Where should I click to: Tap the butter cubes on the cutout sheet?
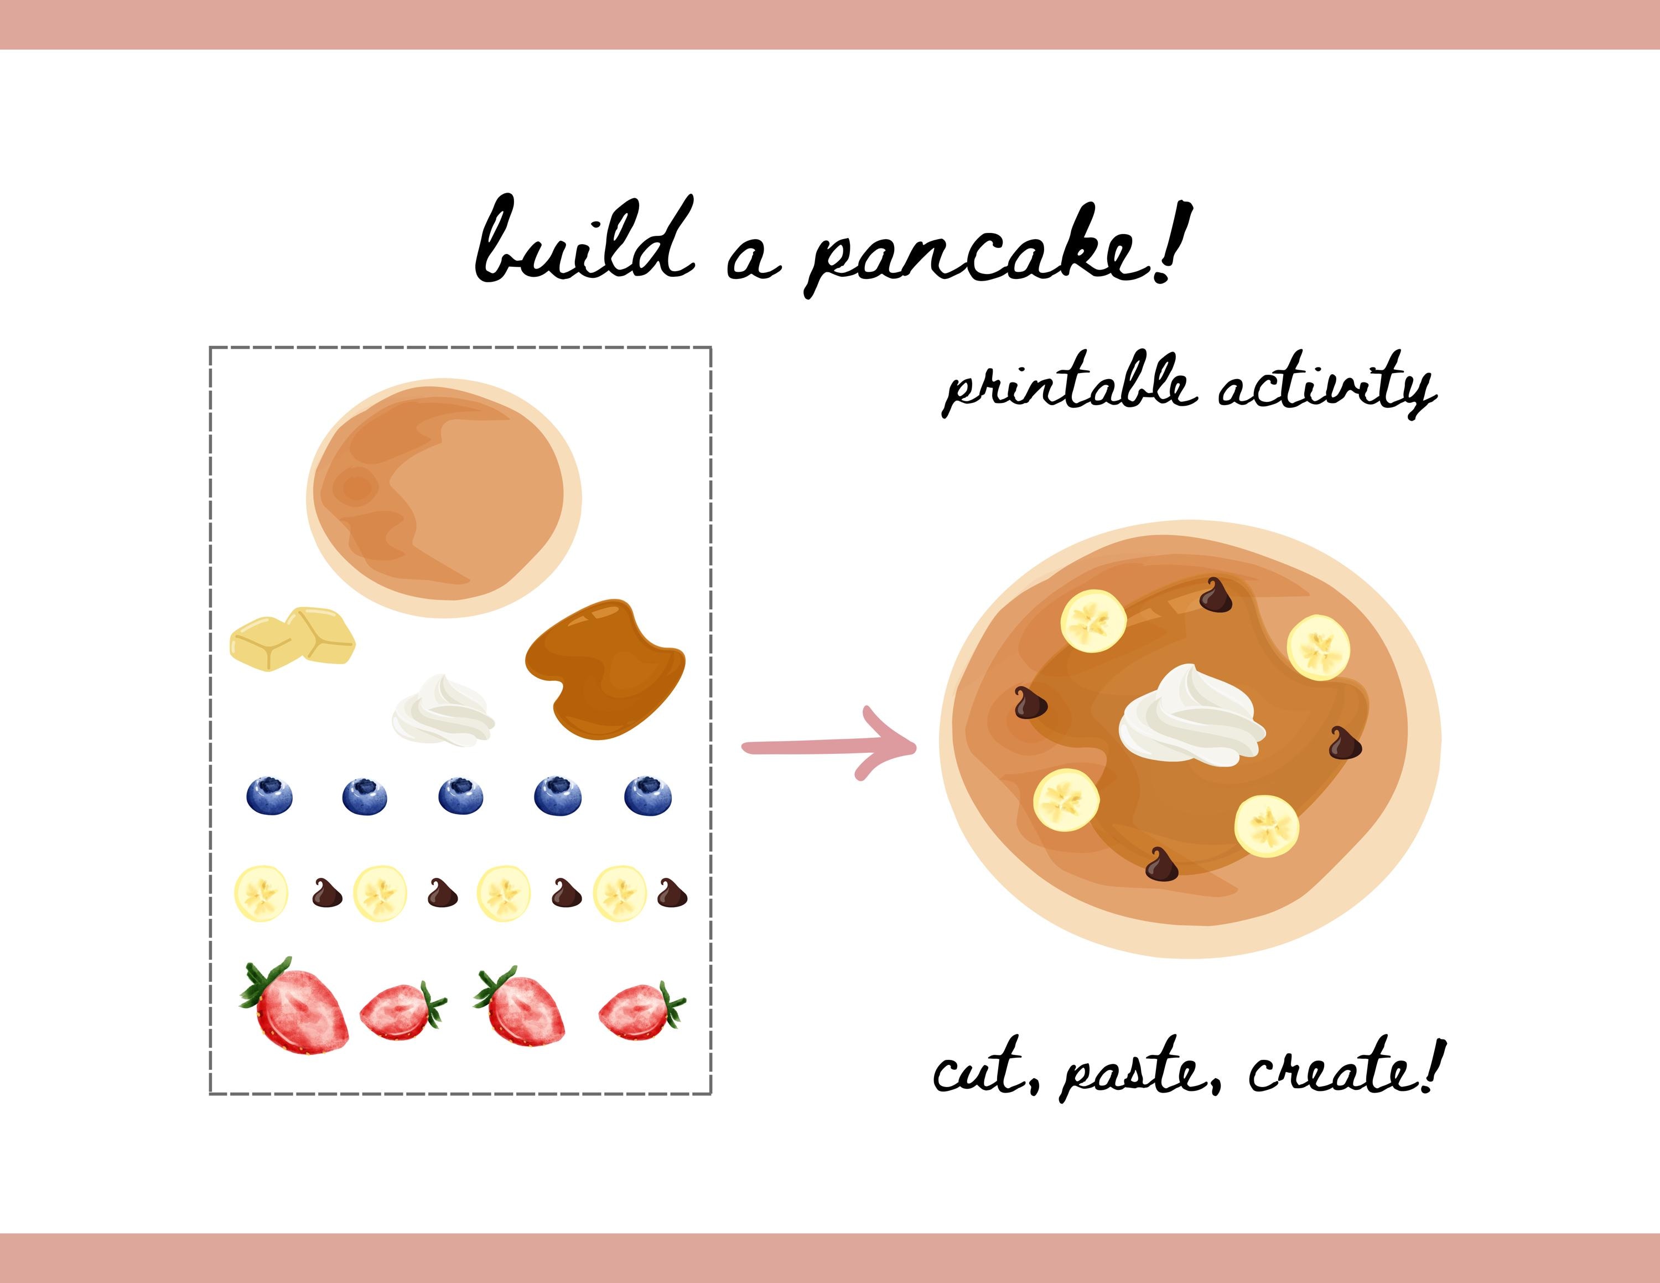[293, 639]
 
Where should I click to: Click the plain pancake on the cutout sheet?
[444, 497]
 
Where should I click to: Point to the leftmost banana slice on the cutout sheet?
[261, 894]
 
